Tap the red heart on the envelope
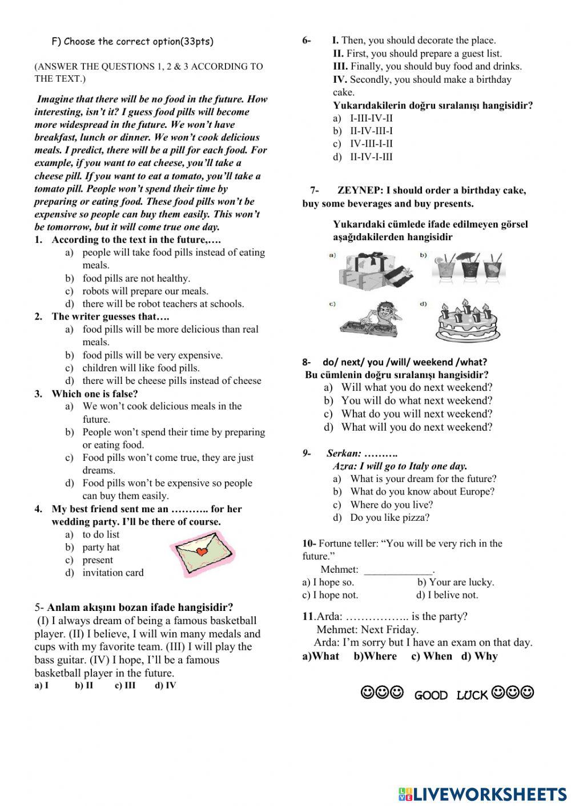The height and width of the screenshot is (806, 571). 200,552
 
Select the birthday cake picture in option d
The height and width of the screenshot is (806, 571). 467,320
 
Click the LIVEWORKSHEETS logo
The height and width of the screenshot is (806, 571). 482,793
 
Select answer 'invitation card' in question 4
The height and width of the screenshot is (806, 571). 112,573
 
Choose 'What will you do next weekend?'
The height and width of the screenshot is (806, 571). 416,427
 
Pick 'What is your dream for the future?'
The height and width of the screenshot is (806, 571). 423,479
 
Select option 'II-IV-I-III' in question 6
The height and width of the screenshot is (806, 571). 371,157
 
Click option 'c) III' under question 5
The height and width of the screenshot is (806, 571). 125,686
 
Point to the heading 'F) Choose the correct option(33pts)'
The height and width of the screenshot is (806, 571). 132,41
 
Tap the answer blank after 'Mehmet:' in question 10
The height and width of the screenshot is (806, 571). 399,570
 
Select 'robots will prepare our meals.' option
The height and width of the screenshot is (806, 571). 145,291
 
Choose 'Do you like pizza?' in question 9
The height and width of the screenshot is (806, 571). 389,518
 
